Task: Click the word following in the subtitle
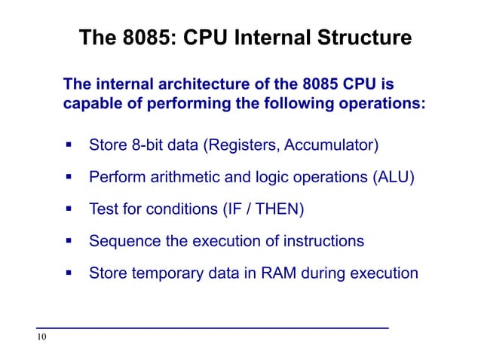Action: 293,103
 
